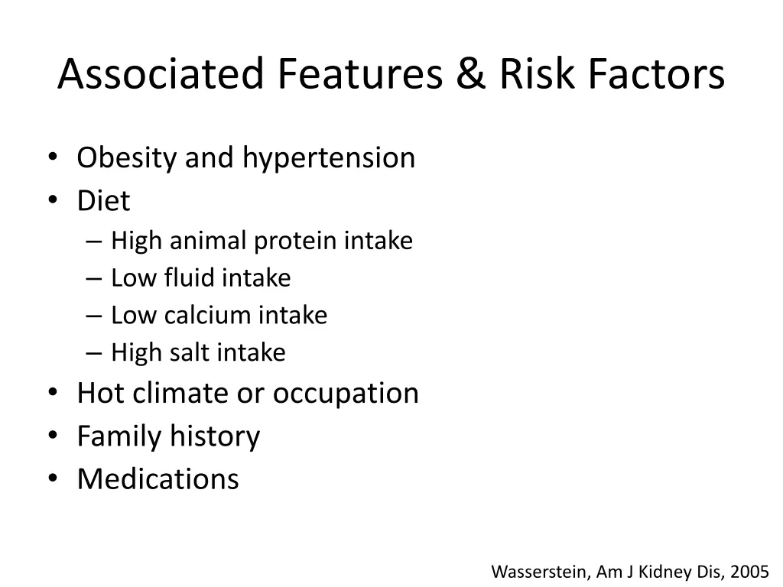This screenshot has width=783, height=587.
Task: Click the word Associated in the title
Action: [161, 75]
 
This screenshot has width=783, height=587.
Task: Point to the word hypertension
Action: [329, 158]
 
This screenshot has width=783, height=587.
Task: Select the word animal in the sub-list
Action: [208, 241]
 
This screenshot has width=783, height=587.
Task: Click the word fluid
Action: [190, 278]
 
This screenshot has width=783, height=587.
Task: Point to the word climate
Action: [181, 393]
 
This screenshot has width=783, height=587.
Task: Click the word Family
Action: [119, 436]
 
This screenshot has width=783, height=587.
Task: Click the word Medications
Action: [158, 479]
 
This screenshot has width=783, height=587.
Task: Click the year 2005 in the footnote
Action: [749, 571]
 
